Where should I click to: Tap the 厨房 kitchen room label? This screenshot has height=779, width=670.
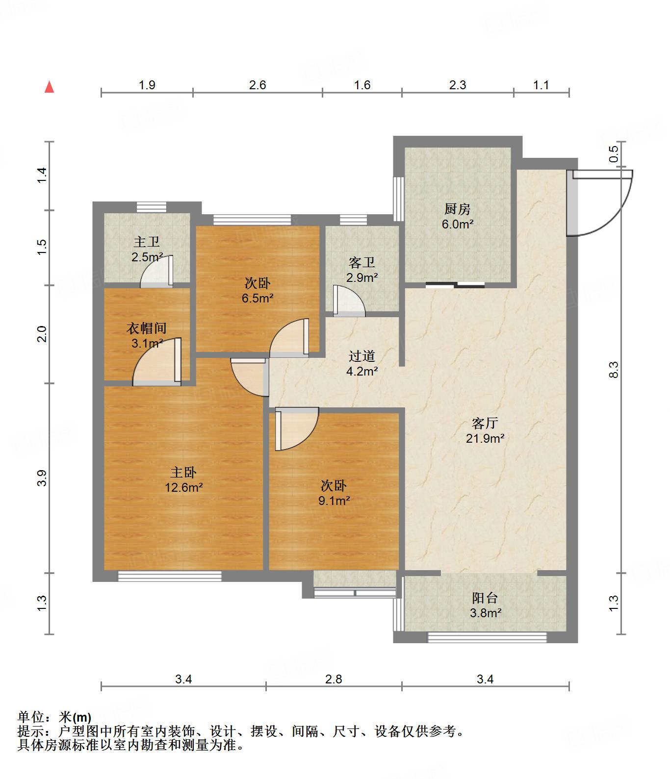(458, 209)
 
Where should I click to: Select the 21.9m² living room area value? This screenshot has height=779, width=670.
(485, 438)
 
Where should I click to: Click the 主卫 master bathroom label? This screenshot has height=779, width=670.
(147, 242)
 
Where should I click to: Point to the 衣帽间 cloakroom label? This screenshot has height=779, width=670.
(147, 328)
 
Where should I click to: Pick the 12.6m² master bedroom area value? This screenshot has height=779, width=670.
(184, 487)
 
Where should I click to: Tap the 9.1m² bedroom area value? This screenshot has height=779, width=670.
(334, 501)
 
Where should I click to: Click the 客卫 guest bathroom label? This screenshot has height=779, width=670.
(362, 263)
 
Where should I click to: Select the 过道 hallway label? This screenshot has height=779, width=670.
(362, 356)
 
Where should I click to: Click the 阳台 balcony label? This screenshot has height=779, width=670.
(485, 598)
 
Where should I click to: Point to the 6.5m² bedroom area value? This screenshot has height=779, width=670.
(258, 298)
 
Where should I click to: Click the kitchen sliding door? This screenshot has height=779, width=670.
(455, 284)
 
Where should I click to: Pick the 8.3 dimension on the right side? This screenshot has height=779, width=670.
(614, 370)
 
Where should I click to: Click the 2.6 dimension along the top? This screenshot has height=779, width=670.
(258, 85)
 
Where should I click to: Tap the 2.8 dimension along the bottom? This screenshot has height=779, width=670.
(334, 679)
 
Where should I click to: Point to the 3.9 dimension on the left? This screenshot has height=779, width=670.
(43, 478)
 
